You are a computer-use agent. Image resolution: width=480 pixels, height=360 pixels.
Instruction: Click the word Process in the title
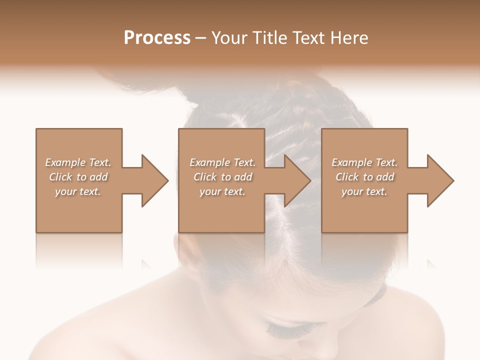[157, 38]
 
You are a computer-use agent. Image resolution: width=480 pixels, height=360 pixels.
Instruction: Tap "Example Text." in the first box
[78, 162]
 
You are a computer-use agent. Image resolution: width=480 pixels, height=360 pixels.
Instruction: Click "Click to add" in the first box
[78, 177]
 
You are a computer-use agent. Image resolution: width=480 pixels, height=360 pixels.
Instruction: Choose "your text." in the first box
[78, 191]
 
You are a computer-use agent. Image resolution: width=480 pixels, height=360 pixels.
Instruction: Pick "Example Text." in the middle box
[222, 162]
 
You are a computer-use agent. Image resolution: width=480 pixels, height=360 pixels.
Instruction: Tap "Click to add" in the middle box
[222, 177]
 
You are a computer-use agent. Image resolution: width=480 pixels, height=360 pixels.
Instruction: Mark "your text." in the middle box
[222, 191]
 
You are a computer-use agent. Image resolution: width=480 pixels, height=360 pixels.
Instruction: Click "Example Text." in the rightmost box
[364, 162]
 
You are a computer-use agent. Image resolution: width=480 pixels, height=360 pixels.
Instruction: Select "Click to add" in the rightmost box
[364, 177]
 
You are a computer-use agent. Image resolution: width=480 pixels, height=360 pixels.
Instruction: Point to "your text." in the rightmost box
[364, 191]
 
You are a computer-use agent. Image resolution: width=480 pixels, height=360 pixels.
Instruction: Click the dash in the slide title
[201, 38]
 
